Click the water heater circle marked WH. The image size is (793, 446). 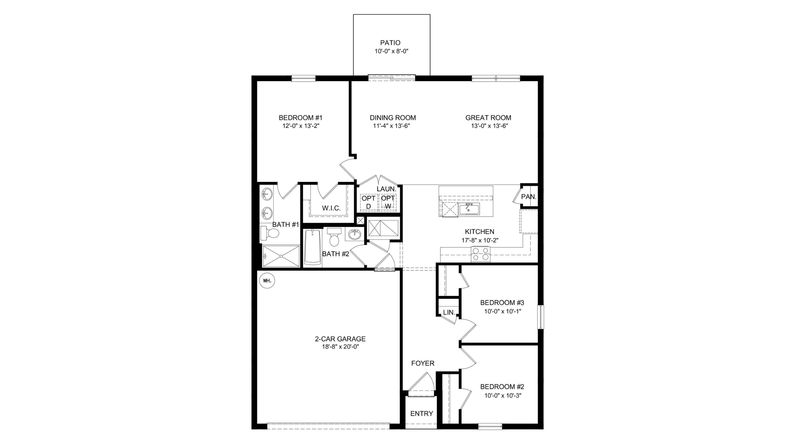267,281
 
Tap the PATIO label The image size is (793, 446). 390,43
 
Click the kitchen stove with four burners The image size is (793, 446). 481,254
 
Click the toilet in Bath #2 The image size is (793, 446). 334,237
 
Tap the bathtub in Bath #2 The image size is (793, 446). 313,247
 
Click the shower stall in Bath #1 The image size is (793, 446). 281,256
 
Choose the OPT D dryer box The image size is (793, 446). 368,202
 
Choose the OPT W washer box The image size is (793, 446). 388,202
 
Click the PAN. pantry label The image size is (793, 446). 529,197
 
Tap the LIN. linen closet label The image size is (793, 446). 449,312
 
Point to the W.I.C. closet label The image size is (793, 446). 331,208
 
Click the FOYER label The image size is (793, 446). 423,363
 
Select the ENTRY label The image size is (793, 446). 422,414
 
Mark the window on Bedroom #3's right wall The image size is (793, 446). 541,317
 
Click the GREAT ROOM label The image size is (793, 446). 488,118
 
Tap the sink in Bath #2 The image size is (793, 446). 355,235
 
